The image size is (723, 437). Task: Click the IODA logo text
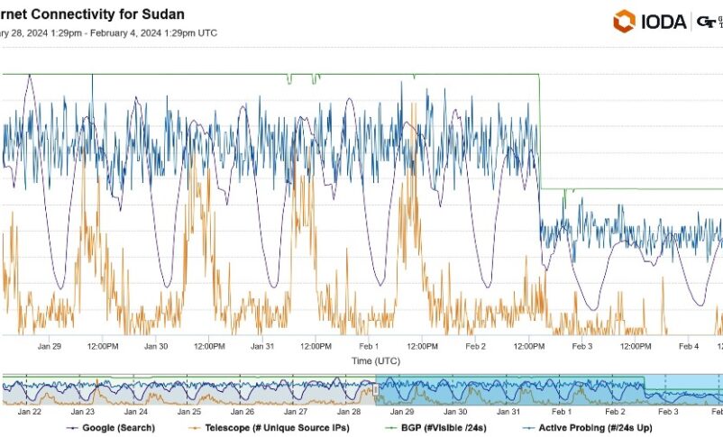click(664, 22)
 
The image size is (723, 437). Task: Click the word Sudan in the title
click(164, 14)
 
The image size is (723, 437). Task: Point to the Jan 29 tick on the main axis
click(50, 346)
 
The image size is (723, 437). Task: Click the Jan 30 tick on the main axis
click(156, 346)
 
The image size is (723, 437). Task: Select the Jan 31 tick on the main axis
click(262, 346)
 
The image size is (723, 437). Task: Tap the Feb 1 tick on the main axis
click(370, 346)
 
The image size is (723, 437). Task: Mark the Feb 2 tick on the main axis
click(476, 346)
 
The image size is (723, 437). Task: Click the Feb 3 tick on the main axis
click(582, 346)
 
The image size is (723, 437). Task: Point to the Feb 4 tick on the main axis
click(689, 346)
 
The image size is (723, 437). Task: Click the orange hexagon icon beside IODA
click(624, 21)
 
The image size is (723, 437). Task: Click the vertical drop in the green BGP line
click(540, 135)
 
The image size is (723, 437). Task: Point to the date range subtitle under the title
click(108, 33)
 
